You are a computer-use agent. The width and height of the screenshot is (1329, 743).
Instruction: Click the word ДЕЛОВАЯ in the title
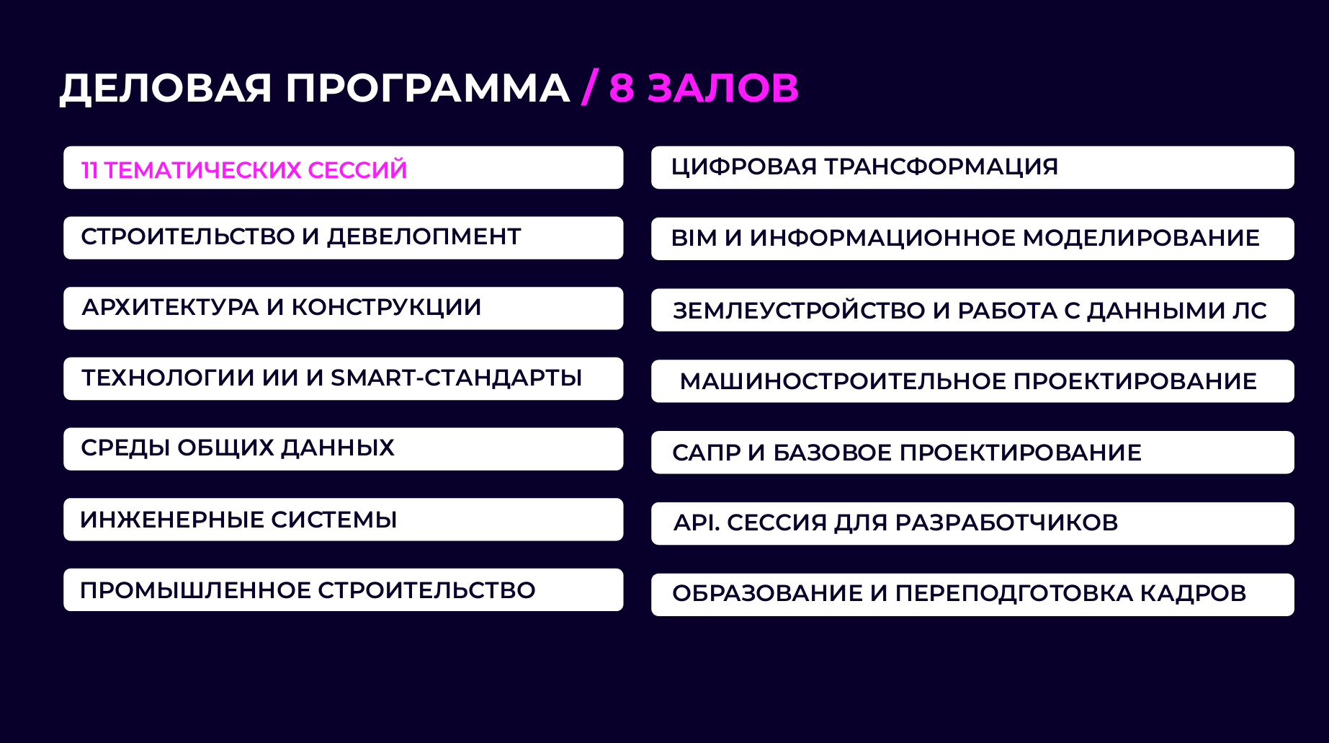[166, 89]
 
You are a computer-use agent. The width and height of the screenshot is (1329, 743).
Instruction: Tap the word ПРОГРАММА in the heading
[427, 89]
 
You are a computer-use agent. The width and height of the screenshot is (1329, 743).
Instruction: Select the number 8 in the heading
[621, 89]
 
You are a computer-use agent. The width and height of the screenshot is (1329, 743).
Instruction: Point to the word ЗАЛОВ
[722, 89]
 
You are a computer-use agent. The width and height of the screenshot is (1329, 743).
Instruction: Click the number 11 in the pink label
[89, 170]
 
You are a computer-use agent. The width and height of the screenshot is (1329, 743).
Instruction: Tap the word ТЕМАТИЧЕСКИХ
[202, 170]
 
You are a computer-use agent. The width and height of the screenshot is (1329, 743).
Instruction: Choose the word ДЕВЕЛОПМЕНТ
[424, 236]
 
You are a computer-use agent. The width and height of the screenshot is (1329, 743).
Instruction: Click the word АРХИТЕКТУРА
[170, 307]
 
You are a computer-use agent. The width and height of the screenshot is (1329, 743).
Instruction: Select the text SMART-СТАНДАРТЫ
[456, 378]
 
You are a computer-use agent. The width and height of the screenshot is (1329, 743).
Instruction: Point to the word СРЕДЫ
[125, 448]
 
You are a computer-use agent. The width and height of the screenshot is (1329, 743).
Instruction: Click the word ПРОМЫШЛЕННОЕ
[194, 590]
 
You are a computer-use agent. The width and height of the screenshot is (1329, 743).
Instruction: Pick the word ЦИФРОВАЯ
[743, 166]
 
